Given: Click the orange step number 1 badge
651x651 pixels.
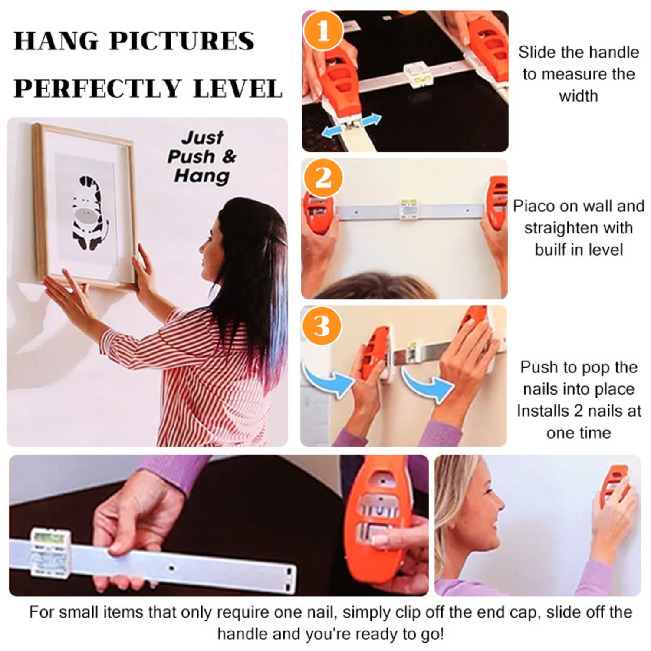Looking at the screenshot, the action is (323, 31).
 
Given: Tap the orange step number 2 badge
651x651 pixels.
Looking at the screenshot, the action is (323, 178).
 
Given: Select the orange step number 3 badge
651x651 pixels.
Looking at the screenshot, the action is (322, 325).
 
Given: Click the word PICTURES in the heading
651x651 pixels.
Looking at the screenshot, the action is (182, 41).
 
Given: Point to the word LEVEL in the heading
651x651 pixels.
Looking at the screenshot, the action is (238, 89).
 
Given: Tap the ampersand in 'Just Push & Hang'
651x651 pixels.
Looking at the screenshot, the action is (229, 156).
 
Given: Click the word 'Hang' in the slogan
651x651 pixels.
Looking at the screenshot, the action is (202, 176).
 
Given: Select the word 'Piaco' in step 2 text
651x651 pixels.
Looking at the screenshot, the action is (534, 206).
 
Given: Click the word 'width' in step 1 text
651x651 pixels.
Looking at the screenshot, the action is (579, 96).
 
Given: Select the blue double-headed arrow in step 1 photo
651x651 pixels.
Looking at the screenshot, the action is (352, 126).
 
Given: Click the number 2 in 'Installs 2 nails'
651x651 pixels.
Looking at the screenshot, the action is (579, 411).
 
